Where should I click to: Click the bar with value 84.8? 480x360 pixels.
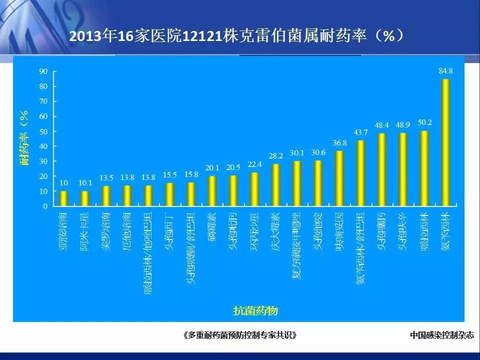click(445, 142)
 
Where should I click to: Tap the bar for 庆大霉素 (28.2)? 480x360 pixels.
click(275, 185)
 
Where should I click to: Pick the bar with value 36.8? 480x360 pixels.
click(339, 178)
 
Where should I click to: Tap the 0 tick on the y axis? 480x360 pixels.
click(45, 206)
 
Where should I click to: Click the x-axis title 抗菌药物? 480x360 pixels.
click(255, 311)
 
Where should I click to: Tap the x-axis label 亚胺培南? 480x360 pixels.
click(63, 229)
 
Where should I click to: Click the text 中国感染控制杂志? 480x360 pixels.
click(441, 335)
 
